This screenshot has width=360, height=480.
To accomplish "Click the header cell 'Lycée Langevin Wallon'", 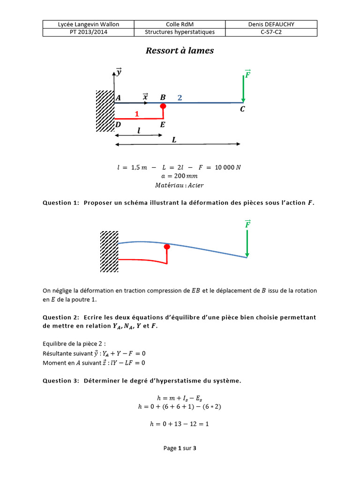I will [x=88, y=24].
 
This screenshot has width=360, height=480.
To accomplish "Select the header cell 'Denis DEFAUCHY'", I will [x=271, y=24].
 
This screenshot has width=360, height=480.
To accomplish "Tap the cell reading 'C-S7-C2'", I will [x=271, y=32].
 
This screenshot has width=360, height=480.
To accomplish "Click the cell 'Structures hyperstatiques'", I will [x=180, y=32].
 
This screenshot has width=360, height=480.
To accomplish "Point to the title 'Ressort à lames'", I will [x=180, y=51].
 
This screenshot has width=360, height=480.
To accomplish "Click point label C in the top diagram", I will [x=242, y=109].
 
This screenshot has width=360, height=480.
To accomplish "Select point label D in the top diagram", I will [x=118, y=125].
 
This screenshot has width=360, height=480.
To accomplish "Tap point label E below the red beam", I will [x=163, y=125].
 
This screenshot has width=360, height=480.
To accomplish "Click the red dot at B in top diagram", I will [x=163, y=106].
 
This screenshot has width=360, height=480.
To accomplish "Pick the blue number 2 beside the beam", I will [x=180, y=97].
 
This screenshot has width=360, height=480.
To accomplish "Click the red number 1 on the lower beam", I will [x=137, y=114].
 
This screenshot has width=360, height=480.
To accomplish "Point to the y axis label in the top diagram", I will [x=119, y=72].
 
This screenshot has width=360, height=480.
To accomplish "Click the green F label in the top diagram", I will [x=247, y=74].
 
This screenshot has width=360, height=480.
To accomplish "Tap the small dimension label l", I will [x=139, y=132].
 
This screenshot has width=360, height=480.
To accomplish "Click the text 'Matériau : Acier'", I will [x=180, y=185].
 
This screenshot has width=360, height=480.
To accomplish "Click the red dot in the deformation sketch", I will [x=166, y=247].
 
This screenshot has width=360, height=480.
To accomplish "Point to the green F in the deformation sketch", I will [x=247, y=224].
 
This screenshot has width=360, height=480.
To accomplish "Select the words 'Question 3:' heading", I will [x=61, y=381].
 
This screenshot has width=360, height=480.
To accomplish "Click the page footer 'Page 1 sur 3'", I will [x=180, y=448].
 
